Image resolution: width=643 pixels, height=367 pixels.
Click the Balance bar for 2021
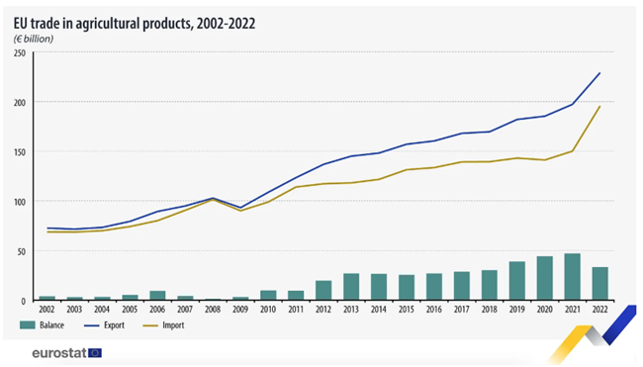572,277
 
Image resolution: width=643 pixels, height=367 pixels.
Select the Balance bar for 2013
351,287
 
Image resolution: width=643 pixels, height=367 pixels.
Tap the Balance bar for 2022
599,284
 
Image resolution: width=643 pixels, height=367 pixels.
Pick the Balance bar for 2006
157,296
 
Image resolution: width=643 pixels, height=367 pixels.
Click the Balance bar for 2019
516,281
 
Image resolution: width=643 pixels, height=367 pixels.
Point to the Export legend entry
104,325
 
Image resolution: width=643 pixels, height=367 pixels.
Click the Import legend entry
163,325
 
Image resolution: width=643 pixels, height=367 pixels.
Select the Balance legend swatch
27,325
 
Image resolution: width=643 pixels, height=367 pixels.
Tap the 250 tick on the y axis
20,53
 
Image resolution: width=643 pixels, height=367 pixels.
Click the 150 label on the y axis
20,152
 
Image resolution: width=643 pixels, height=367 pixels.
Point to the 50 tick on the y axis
22,252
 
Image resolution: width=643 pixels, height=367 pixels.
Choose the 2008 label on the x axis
213,310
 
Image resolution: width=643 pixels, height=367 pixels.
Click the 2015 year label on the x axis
406,310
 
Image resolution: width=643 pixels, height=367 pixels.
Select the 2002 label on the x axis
46,310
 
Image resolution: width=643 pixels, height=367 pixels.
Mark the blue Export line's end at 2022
599,73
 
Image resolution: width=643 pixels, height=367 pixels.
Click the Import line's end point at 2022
599,106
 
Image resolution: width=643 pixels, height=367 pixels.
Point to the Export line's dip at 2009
240,208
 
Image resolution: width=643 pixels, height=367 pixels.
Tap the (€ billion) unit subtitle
34,39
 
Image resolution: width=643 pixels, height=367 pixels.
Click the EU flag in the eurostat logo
95,353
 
